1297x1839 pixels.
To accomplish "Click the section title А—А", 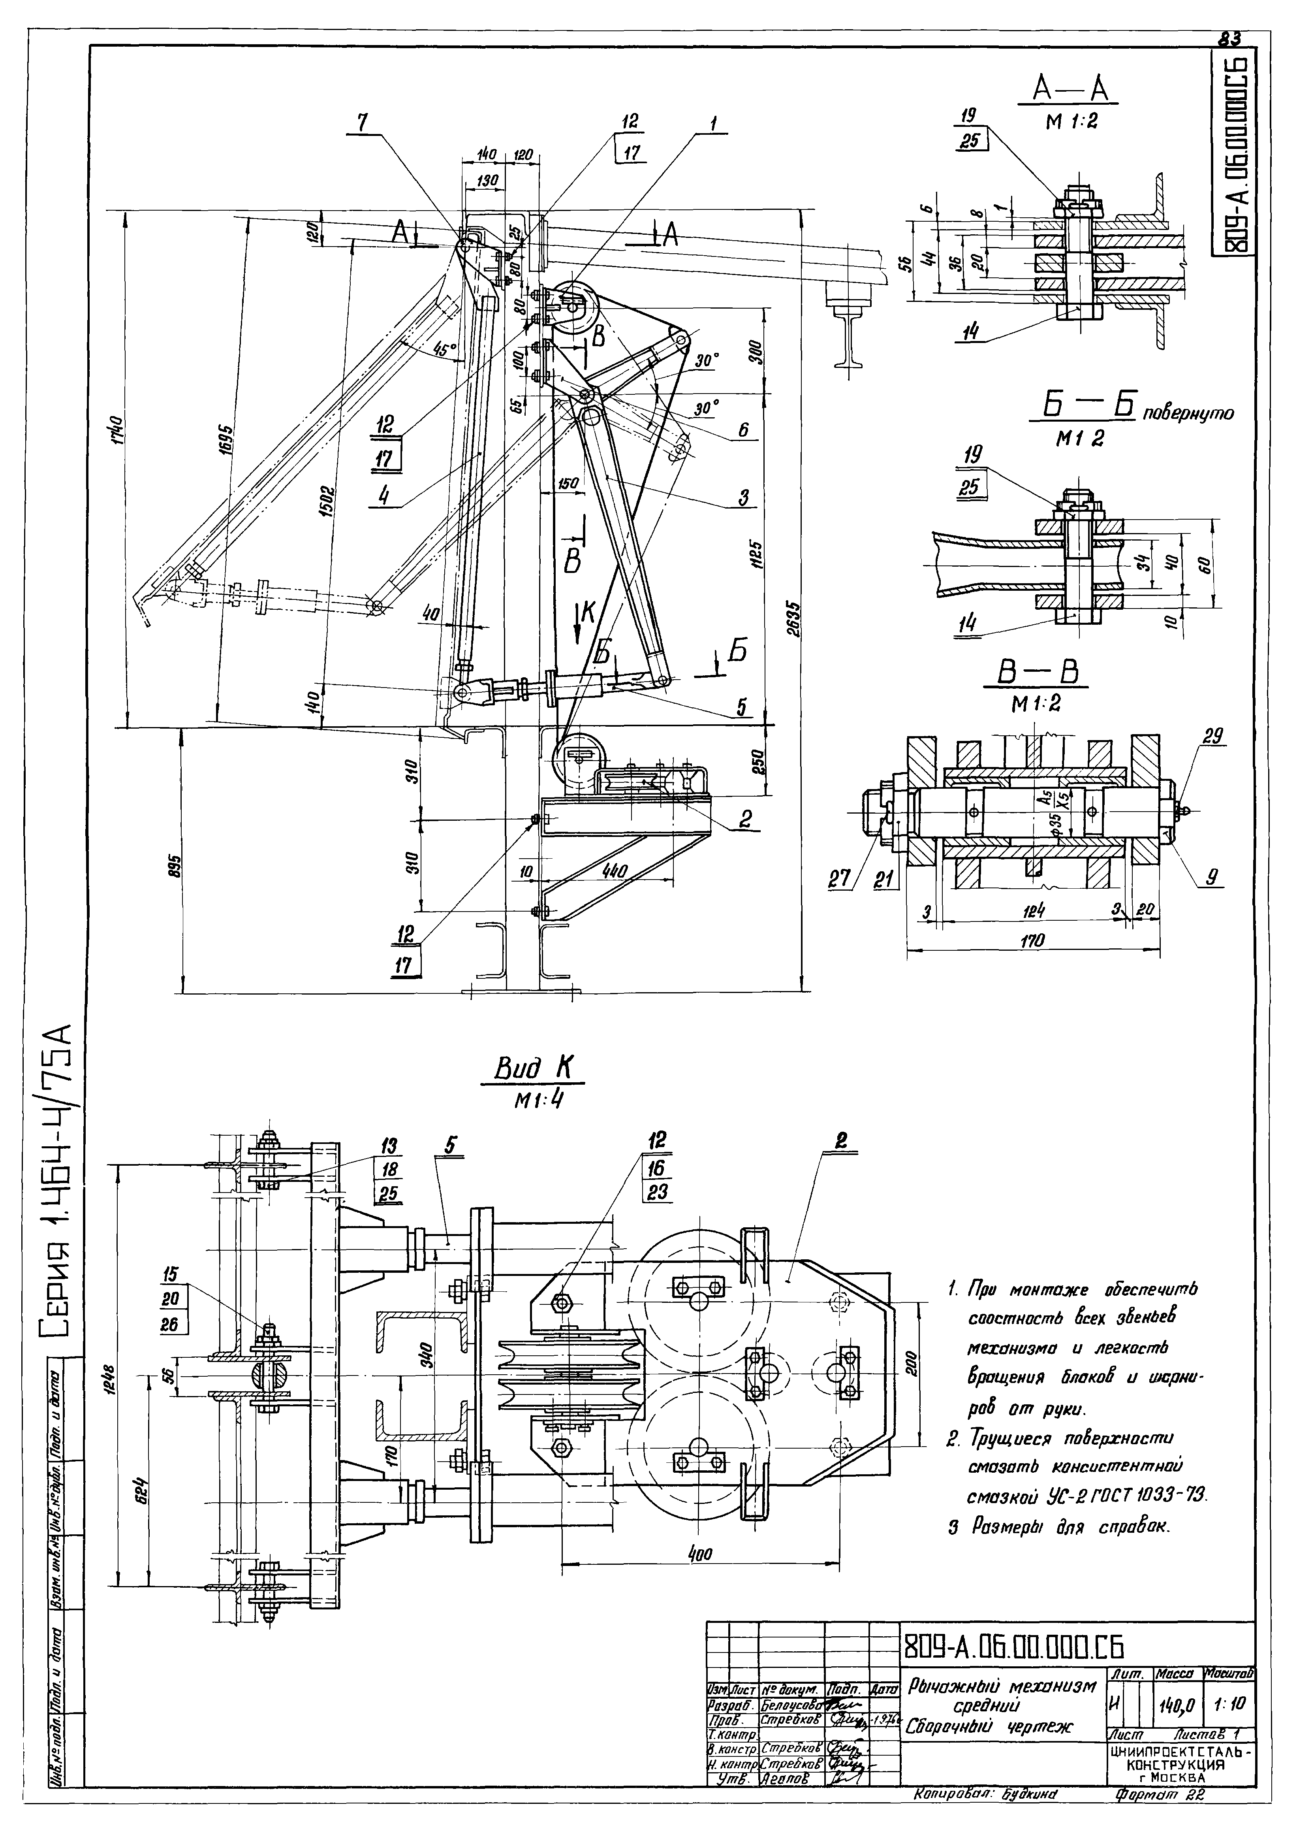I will point(1067,90).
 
